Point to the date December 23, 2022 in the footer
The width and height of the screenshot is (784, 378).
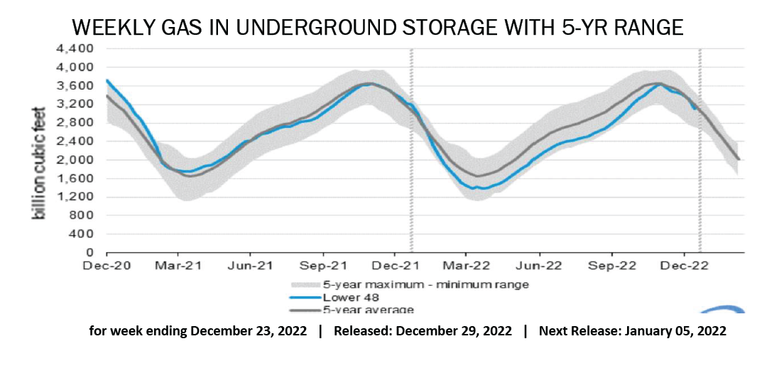click(x=249, y=332)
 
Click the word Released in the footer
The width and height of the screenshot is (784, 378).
click(x=359, y=332)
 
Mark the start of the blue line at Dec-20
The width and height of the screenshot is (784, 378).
click(x=107, y=80)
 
